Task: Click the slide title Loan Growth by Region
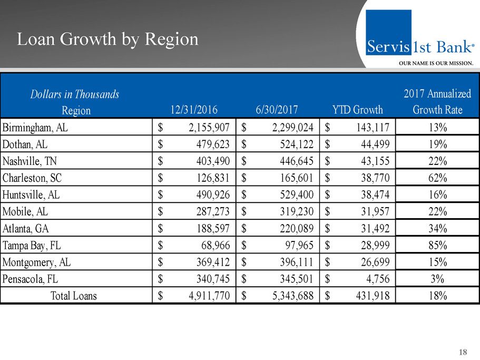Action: [x=107, y=40]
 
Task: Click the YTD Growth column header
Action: [x=358, y=110]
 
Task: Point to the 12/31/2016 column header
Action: [x=193, y=110]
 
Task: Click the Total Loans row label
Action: [x=73, y=296]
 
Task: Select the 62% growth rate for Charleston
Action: [x=437, y=178]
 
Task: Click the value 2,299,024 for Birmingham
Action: [x=289, y=127]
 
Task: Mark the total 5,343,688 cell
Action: [x=289, y=296]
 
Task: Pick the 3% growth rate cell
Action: [x=437, y=279]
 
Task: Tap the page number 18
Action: [x=463, y=352]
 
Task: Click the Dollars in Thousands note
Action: [x=74, y=94]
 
